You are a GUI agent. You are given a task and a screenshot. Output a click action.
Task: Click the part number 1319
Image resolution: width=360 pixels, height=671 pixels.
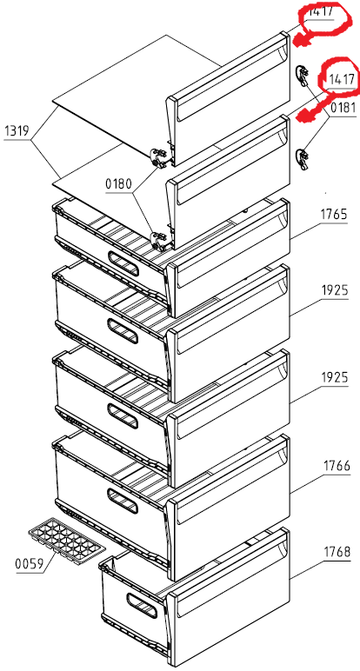pyautogui.click(x=17, y=131)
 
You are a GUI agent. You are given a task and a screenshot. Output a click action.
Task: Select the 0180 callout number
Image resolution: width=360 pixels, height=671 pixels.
pyautogui.click(x=119, y=185)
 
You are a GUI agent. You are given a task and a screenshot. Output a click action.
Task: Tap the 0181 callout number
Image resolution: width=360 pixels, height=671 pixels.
pyautogui.click(x=343, y=108)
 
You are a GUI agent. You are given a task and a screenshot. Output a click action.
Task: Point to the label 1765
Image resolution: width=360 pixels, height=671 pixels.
pyautogui.click(x=334, y=214)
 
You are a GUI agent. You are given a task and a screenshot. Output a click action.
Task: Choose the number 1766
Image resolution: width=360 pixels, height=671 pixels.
pyautogui.click(x=337, y=465)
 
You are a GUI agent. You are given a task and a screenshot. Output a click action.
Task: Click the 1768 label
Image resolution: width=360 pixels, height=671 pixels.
pyautogui.click(x=337, y=552)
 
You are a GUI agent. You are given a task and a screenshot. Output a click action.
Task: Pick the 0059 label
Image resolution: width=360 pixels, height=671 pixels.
pyautogui.click(x=29, y=564)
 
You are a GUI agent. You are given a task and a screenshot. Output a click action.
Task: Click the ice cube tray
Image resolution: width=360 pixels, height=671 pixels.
pyautogui.click(x=66, y=539)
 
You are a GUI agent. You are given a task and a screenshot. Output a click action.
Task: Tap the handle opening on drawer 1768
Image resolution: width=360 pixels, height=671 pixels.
pyautogui.click(x=142, y=606)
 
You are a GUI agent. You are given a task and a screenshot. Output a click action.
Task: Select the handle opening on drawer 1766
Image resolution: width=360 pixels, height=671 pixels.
pyautogui.click(x=123, y=501)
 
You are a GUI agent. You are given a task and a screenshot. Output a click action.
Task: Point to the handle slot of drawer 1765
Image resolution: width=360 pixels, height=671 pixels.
pyautogui.click(x=123, y=262)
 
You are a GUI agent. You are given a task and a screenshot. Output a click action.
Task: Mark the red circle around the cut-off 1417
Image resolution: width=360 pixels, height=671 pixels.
pyautogui.click(x=325, y=19)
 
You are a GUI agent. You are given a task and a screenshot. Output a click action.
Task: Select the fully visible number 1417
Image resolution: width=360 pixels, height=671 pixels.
pyautogui.click(x=341, y=79)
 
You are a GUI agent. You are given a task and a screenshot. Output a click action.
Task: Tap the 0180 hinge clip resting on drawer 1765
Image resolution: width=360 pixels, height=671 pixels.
pyautogui.click(x=161, y=242)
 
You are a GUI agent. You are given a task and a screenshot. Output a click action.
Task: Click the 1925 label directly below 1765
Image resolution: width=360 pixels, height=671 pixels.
pyautogui.click(x=335, y=291)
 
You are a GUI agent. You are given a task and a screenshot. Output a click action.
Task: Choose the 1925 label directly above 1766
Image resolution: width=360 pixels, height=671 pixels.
pyautogui.click(x=335, y=378)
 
